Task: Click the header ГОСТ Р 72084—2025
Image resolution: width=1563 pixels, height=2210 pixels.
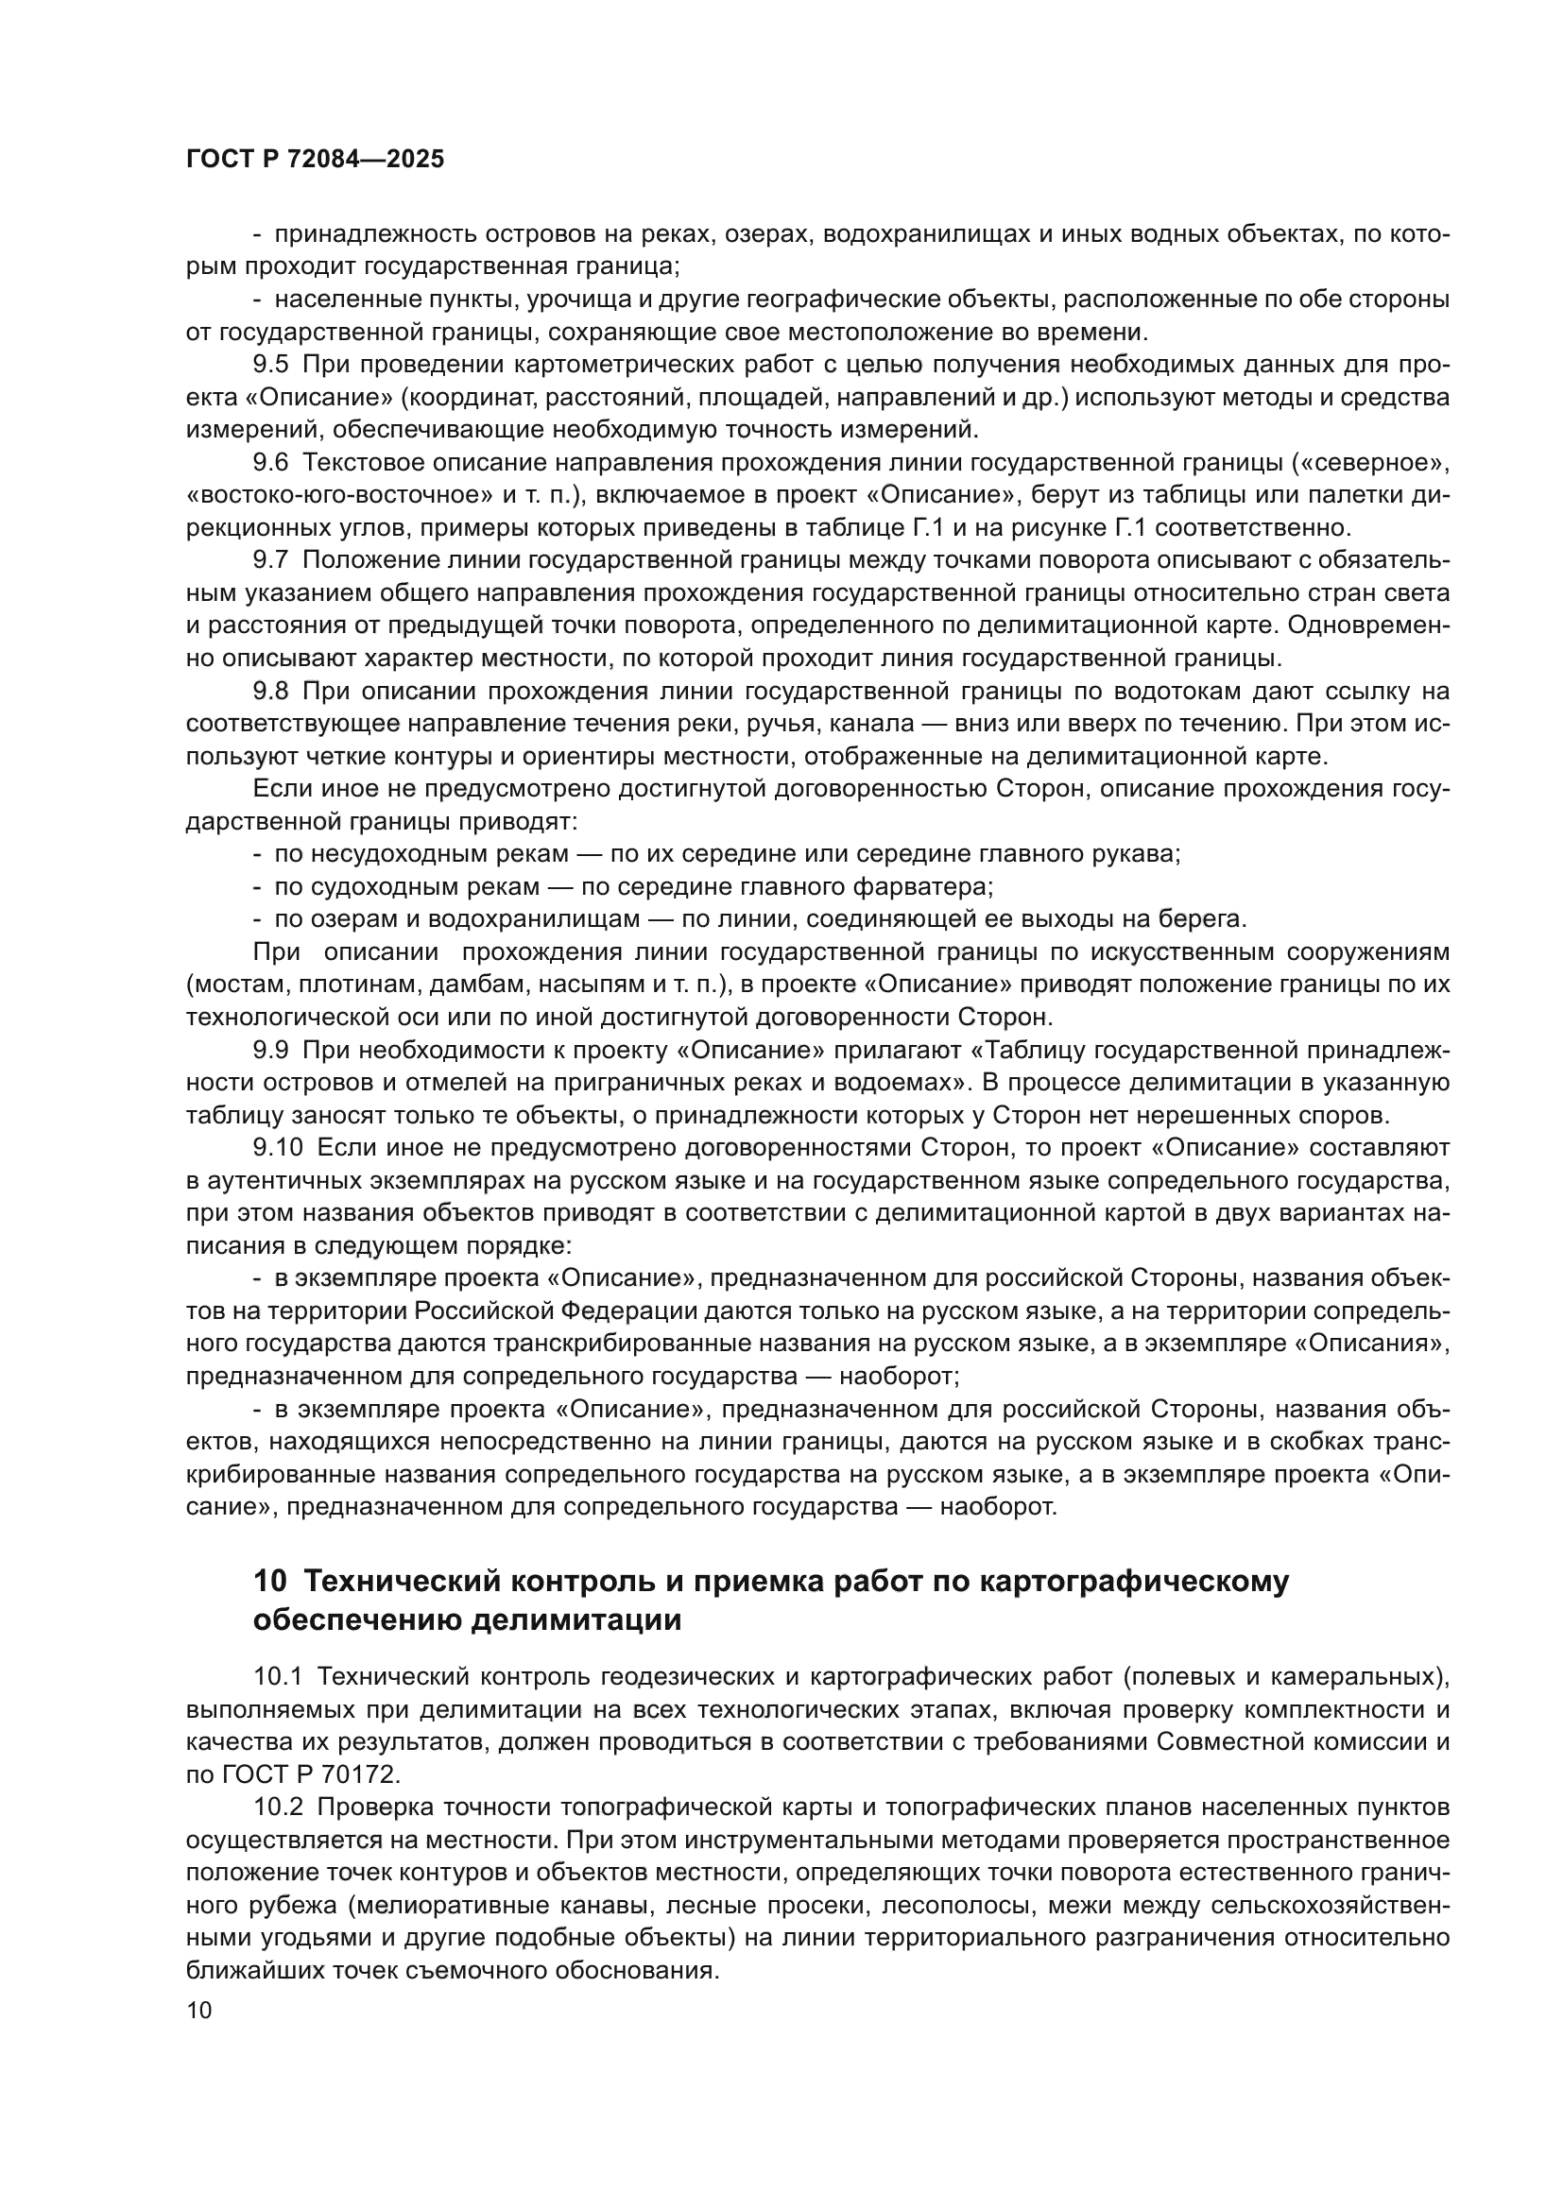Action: (x=315, y=160)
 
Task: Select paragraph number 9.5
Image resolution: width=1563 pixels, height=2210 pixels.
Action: (x=270, y=365)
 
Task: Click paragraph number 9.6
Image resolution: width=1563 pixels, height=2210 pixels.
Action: (x=270, y=463)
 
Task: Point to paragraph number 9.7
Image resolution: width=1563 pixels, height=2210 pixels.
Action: (x=270, y=560)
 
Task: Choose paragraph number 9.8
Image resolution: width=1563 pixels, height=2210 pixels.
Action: (x=270, y=691)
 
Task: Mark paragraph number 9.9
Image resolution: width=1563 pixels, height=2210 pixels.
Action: (x=270, y=1049)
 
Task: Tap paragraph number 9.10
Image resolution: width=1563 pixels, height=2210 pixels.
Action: (x=277, y=1147)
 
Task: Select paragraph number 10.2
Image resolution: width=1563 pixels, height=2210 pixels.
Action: (x=277, y=1807)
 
